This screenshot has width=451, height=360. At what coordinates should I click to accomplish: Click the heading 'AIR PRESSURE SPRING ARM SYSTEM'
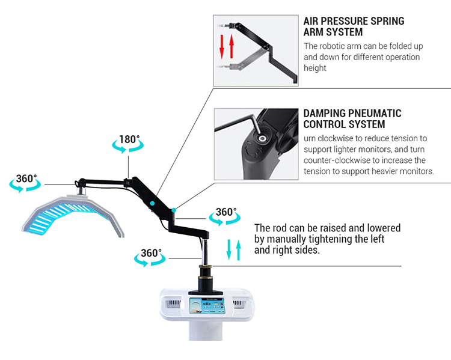click(354, 26)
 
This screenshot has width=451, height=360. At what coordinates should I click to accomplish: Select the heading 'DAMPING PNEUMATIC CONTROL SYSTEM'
click(352, 118)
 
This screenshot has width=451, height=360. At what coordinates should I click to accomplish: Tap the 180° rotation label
click(129, 140)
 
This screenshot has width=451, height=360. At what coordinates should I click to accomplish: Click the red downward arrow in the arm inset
click(221, 46)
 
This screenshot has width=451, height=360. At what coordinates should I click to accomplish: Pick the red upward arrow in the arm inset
click(230, 46)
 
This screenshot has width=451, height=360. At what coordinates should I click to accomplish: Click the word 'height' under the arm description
click(315, 68)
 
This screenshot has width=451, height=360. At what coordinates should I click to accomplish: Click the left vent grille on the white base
click(173, 303)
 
